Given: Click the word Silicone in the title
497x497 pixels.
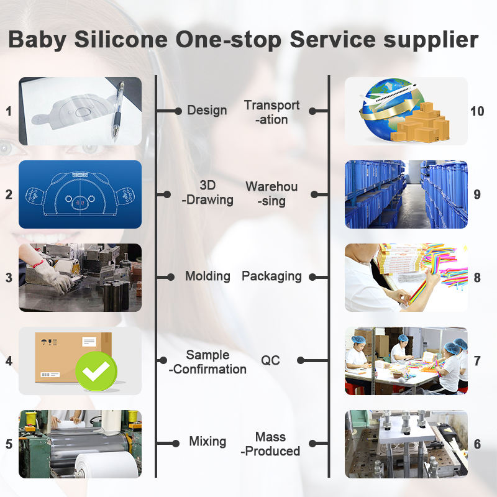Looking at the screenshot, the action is (121, 39).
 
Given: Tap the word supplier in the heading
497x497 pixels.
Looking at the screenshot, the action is (431, 40).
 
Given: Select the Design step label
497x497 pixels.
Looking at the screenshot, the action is (207, 111).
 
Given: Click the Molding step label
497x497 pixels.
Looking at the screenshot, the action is (207, 276).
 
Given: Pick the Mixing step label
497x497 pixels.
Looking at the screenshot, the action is (207, 442).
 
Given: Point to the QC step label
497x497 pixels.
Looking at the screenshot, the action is (270, 360).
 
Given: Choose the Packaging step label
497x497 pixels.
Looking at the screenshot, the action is (271, 276).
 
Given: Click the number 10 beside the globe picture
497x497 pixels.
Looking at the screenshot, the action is (477, 111).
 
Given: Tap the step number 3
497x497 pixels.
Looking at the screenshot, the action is (9, 278).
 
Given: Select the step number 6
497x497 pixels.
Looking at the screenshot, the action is (477, 444).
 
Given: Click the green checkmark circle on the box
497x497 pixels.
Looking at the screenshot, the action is (96, 371).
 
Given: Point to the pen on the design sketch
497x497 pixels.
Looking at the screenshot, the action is (117, 109).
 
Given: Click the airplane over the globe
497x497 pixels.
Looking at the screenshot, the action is (389, 94).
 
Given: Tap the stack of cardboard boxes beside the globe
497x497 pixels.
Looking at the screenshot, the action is (421, 123).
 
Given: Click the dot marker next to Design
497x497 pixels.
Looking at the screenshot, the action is (178, 111).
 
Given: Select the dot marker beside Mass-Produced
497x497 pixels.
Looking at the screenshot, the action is (312, 444).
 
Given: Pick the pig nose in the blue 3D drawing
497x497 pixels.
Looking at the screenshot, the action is (80, 203).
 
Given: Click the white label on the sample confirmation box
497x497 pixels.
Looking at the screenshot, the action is (89, 342).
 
